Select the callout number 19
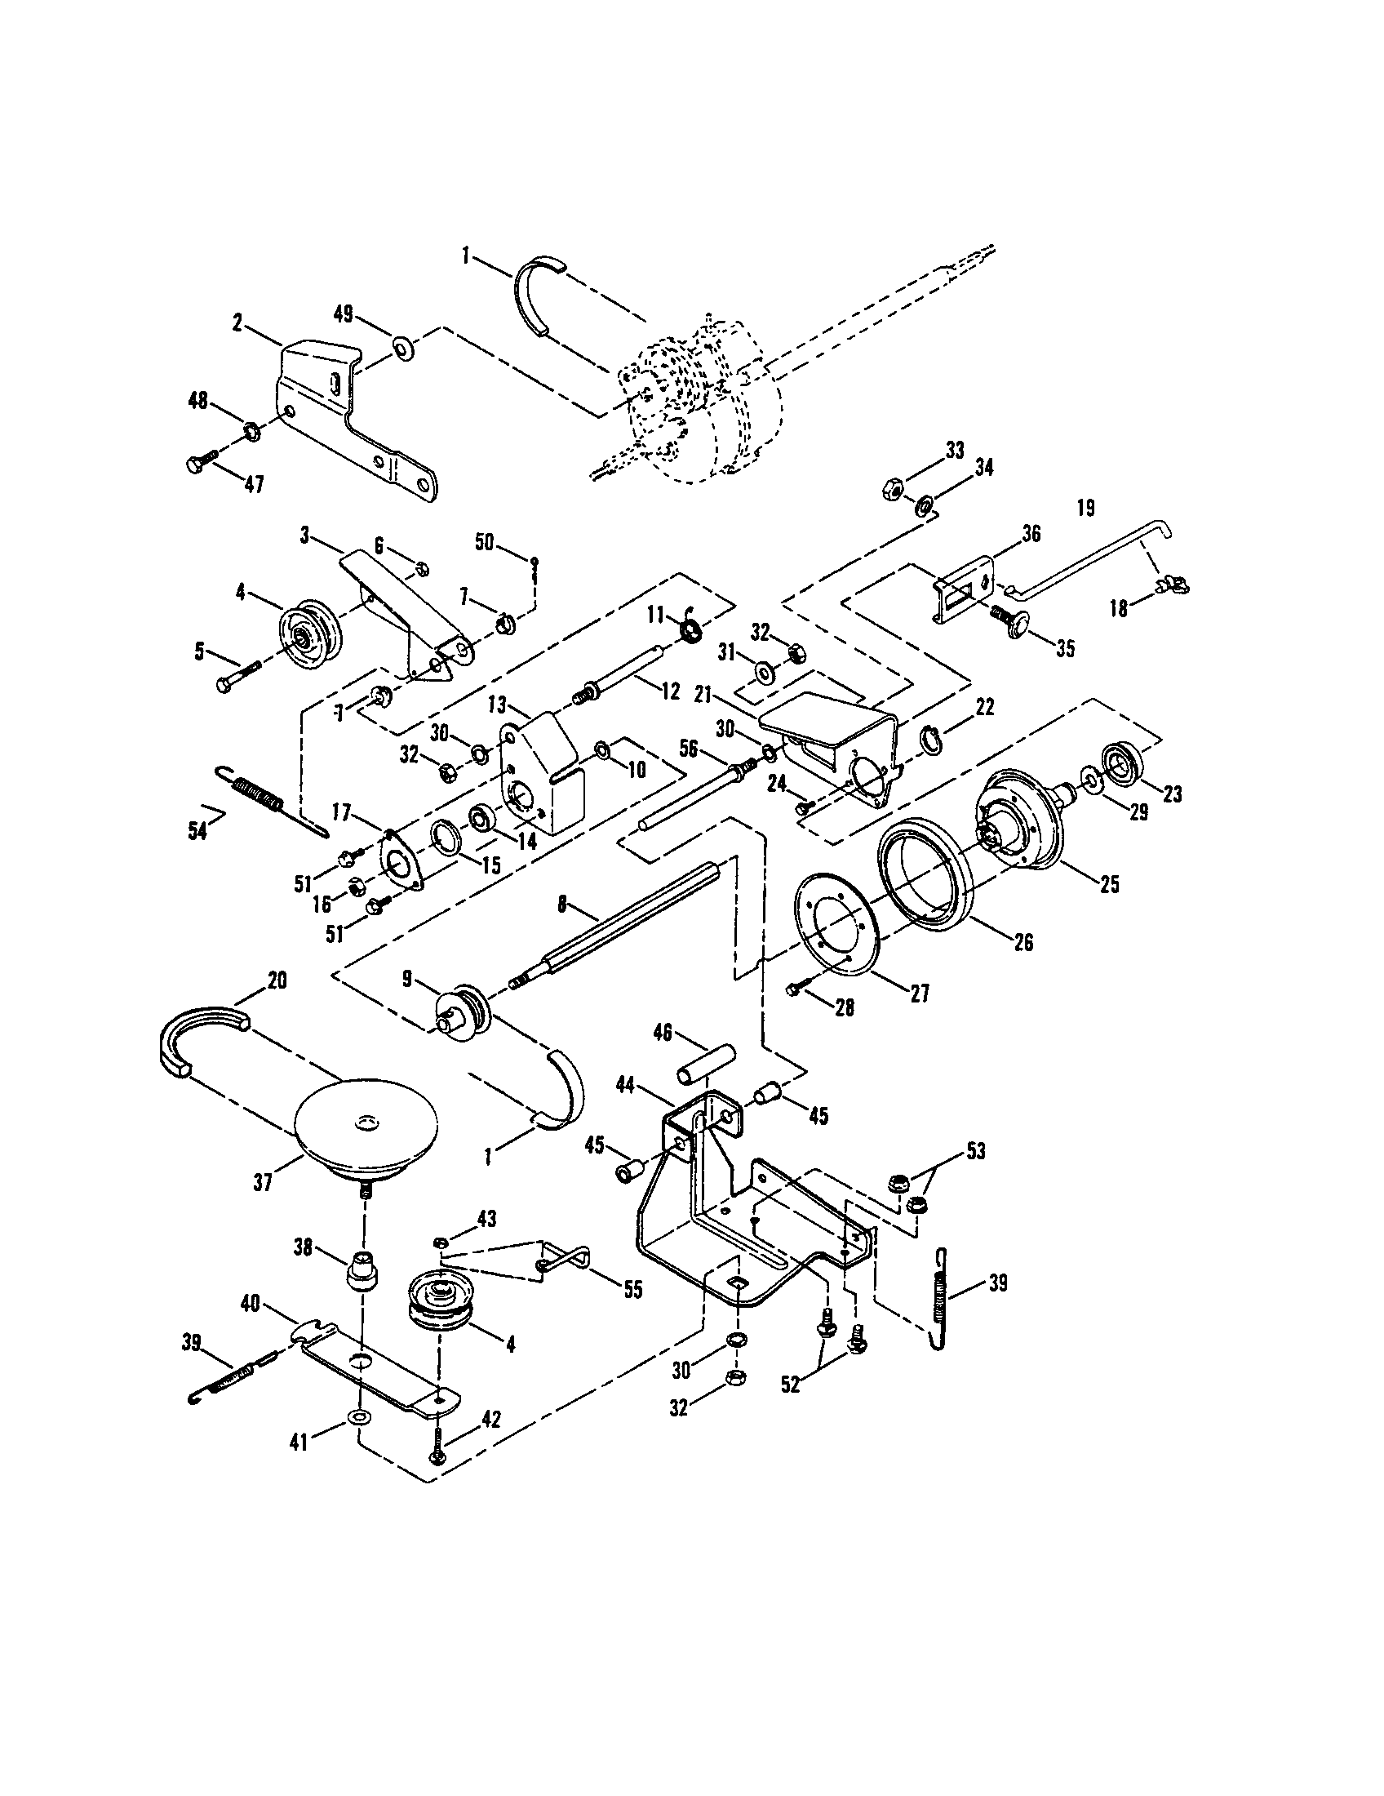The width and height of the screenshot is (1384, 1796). click(x=1085, y=509)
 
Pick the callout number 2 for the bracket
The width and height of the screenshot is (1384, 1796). click(x=237, y=323)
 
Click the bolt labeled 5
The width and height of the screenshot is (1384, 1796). click(x=239, y=676)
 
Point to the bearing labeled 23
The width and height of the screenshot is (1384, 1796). click(x=1124, y=758)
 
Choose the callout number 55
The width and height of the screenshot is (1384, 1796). click(x=632, y=1288)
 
